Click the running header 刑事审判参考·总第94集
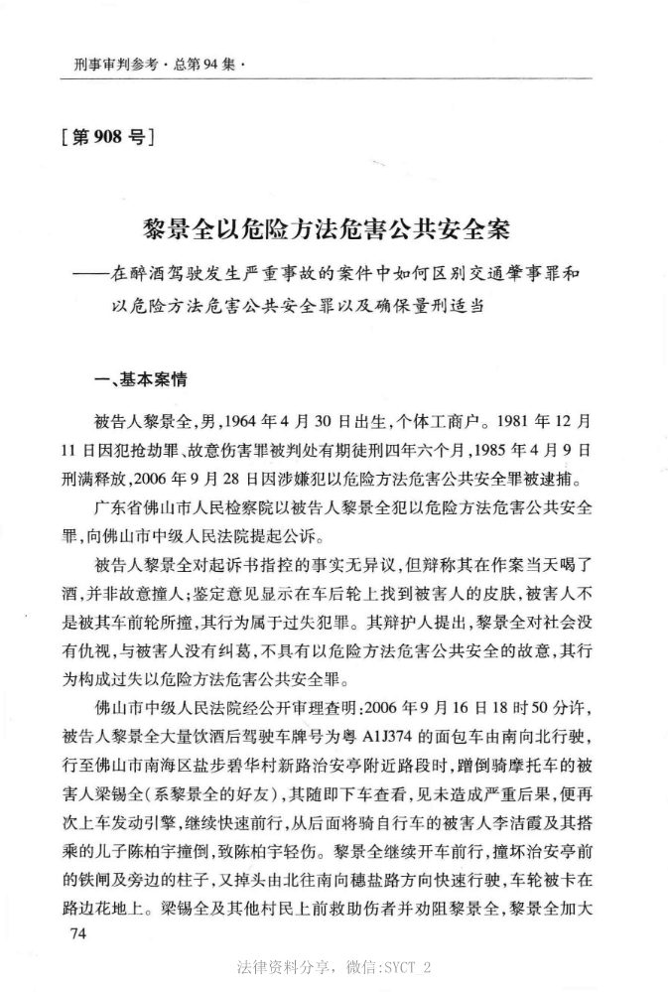159,64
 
